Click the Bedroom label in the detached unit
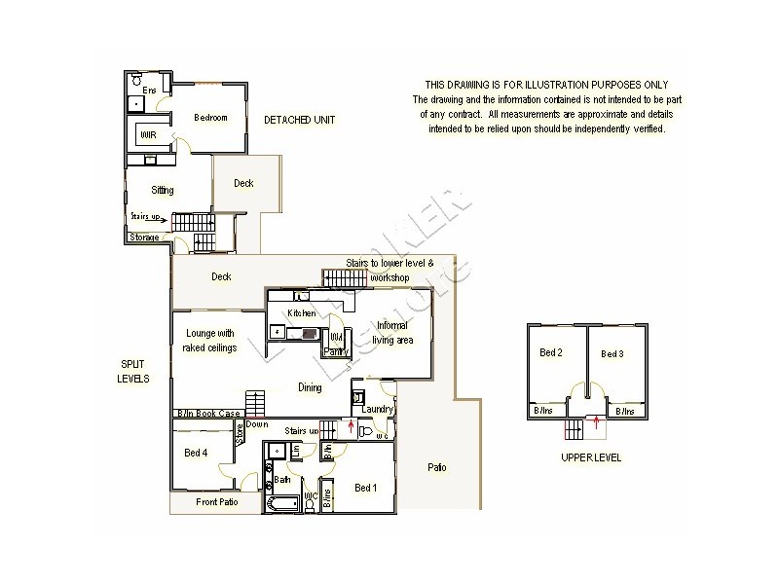coord(210,118)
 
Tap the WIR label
coord(148,134)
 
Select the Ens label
coord(149,91)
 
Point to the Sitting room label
coord(163,190)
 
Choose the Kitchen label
coord(301,312)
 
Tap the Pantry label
coord(336,350)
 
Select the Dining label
coord(310,387)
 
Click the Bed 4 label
coord(196,453)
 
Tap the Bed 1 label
coord(366,488)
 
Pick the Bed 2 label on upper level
coord(552,353)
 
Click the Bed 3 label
coord(612,353)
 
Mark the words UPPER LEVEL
coord(591,457)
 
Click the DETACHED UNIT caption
coord(300,120)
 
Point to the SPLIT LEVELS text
coord(133,371)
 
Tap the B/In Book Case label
coord(207,414)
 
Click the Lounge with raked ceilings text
coord(210,341)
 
